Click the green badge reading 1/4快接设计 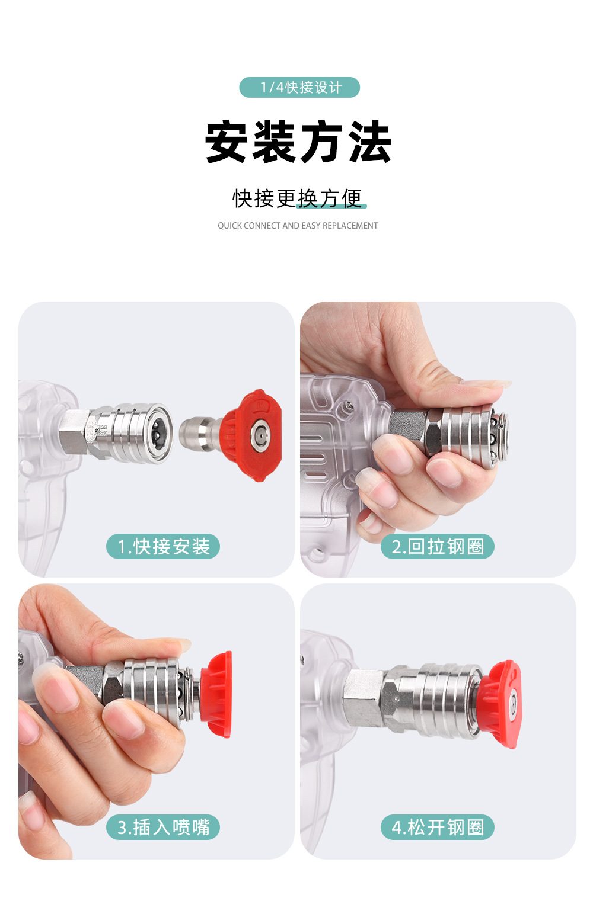[x=299, y=87]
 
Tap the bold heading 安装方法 [x=298, y=142]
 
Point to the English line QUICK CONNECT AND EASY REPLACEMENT [x=297, y=226]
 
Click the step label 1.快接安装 [x=163, y=546]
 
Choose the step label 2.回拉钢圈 [x=438, y=546]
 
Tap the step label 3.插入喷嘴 [x=163, y=827]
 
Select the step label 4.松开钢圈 [x=438, y=827]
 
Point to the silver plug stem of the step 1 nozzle [x=200, y=434]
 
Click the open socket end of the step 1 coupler [x=158, y=434]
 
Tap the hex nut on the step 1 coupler [x=74, y=432]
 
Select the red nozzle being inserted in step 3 [x=216, y=694]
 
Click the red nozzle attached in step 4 [x=499, y=704]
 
